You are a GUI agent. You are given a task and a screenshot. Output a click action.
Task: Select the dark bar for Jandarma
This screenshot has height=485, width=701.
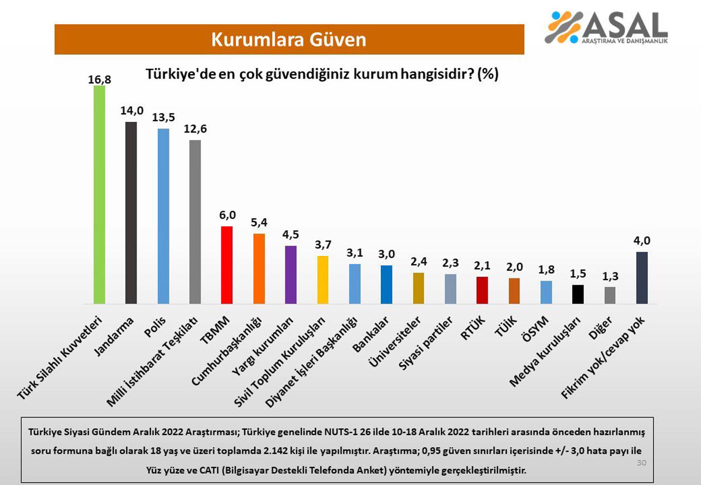pyautogui.click(x=131, y=213)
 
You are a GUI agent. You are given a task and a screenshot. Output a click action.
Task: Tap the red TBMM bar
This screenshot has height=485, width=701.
pyautogui.click(x=227, y=265)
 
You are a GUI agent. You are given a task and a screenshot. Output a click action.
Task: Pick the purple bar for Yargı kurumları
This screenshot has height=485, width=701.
pyautogui.click(x=291, y=275)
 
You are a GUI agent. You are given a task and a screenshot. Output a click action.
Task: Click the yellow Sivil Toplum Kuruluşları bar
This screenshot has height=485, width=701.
pyautogui.click(x=323, y=280)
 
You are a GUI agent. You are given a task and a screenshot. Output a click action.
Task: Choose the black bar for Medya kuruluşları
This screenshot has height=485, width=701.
pyautogui.click(x=578, y=294)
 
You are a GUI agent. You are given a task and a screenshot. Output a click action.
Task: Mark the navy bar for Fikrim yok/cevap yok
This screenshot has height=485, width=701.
pyautogui.click(x=642, y=278)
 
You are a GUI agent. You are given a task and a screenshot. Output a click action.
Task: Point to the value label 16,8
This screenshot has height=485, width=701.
pyautogui.click(x=99, y=80)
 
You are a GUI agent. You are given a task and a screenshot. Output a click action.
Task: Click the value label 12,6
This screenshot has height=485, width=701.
pyautogui.click(x=195, y=129)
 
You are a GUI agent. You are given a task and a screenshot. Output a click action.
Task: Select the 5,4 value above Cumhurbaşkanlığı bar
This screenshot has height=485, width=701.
pyautogui.click(x=259, y=222)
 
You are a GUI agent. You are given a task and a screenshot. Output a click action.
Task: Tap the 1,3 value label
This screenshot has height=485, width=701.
pyautogui.click(x=610, y=277)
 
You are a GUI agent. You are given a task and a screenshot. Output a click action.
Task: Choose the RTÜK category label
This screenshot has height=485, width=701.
pyautogui.click(x=473, y=327)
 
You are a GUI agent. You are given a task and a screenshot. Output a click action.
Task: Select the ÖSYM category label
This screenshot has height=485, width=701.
pyautogui.click(x=535, y=329)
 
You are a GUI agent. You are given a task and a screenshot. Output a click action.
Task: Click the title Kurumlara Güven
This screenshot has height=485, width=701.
pyautogui.click(x=289, y=39)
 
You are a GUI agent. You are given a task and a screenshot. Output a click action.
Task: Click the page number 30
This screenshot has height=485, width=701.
pyautogui.click(x=641, y=463)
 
